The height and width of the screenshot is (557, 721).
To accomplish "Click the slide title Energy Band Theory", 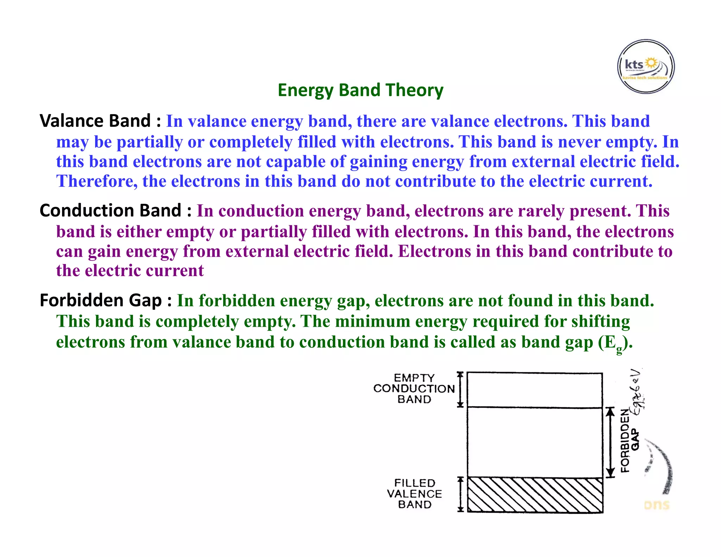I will pos(360,90).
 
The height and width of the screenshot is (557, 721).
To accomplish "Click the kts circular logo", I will pos(646,67).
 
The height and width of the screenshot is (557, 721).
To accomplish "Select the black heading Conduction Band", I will pos(111,211).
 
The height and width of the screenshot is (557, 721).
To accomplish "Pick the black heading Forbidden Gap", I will pos(101,300).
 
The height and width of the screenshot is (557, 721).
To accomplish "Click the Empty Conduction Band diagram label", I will pos(414,389).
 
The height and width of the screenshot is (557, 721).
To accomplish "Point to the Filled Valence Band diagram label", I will pos(414,494).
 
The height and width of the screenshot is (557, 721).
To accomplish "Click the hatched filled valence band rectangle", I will pos(535,495).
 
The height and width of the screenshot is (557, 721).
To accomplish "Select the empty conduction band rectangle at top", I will pos(535,390).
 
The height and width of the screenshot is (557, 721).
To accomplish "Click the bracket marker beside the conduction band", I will pos(460,389).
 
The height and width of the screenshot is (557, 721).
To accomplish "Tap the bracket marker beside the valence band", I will pos(460,494).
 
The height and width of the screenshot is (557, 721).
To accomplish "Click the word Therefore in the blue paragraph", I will pos(97,182).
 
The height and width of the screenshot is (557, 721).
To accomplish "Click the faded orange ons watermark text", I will pos(657,505).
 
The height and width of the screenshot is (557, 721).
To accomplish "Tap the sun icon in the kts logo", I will pos(652,63).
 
